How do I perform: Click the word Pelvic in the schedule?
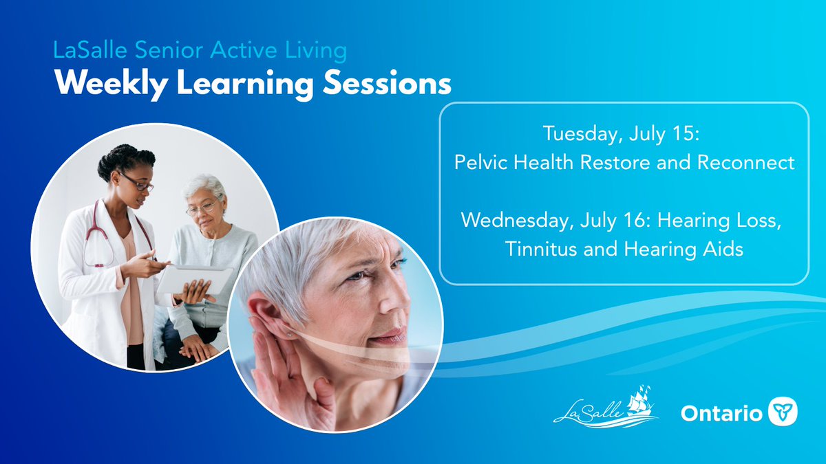pyautogui.click(x=478, y=163)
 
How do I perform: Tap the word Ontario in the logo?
pyautogui.click(x=721, y=414)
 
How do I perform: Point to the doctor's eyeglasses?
pyautogui.click(x=138, y=184)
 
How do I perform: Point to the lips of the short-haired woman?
pyautogui.click(x=389, y=338)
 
